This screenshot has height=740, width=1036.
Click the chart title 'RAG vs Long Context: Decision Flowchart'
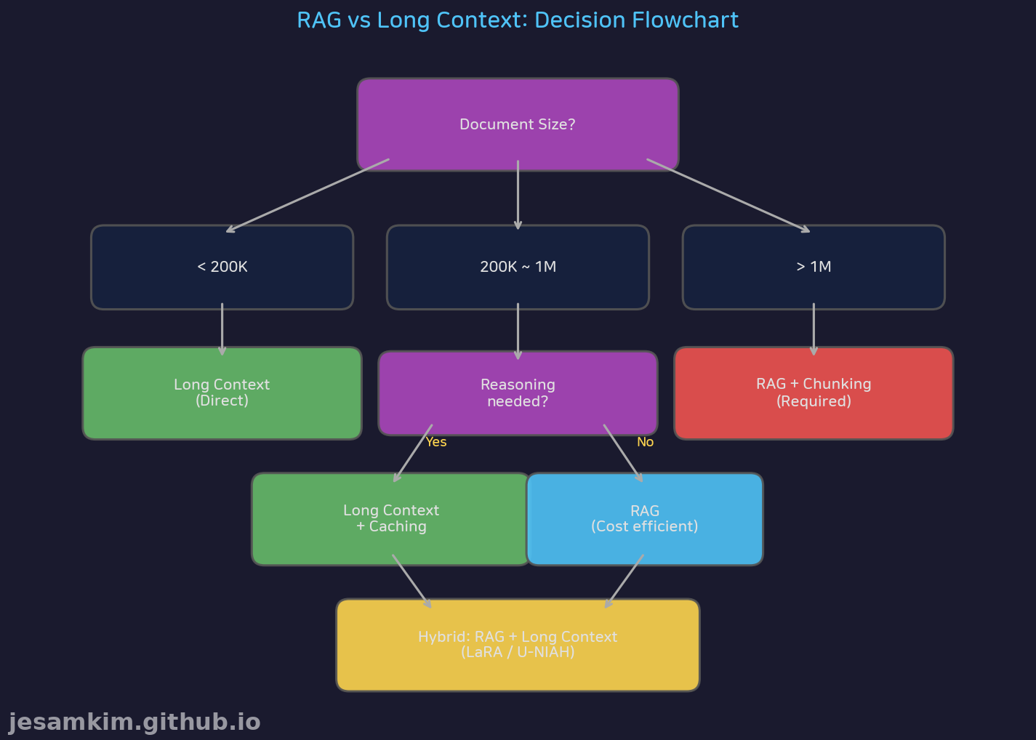518,20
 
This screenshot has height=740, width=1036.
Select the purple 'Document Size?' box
518,124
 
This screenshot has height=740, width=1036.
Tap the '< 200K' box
222,267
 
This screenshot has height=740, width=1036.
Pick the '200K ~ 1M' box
518,267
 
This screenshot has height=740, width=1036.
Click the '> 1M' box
814,267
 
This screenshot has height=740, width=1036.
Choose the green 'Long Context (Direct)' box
222,393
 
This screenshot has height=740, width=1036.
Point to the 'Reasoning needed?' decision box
518,393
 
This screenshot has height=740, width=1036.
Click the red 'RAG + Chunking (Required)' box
814,393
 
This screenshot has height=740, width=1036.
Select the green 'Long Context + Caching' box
391,518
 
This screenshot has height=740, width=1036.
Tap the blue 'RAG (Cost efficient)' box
644,518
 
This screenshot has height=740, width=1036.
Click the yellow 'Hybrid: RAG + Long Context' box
518,645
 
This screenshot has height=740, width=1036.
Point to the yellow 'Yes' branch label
436,442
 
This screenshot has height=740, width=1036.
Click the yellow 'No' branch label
645,442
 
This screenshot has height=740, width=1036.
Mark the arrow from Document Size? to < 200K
308,196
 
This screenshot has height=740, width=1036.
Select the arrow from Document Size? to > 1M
728,196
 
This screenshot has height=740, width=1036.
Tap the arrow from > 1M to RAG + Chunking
814,329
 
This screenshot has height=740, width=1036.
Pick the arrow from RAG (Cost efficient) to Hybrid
625,582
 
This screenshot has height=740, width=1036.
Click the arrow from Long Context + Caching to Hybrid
411,582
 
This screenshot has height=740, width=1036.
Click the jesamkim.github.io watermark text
134,723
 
